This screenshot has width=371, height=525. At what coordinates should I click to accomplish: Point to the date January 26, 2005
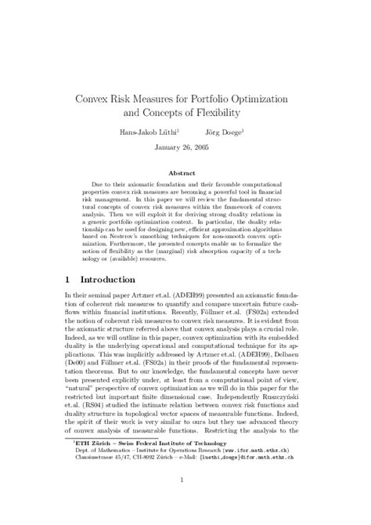[x=184, y=149]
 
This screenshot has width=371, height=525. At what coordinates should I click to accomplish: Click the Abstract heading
[x=185, y=172]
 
